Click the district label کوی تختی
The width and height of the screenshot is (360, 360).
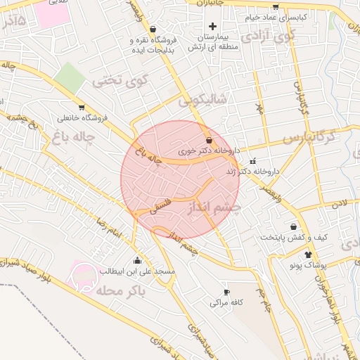tap(115, 80)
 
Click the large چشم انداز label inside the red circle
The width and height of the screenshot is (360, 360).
tap(214, 207)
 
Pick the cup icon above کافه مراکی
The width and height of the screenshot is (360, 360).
tap(226, 292)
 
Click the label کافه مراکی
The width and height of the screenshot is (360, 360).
tap(226, 303)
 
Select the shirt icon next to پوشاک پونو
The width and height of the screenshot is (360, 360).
tap(308, 254)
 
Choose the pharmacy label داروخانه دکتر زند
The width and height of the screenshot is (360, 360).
tap(252, 171)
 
